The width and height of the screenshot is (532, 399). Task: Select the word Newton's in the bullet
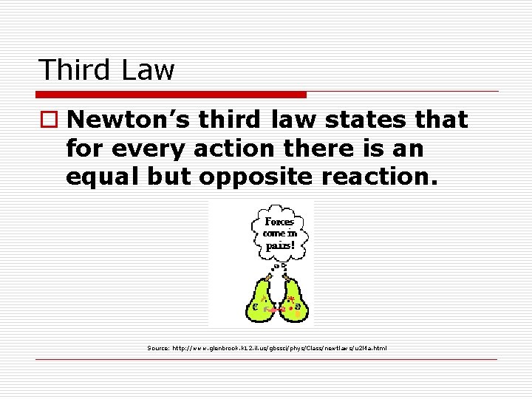coord(133,119)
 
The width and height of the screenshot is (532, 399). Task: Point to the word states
coord(368,119)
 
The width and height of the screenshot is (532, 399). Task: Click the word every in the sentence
coord(140,149)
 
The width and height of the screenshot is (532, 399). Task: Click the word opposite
coord(254,178)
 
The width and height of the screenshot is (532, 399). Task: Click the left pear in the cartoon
coord(261,303)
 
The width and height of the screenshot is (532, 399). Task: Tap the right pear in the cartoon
coord(294,303)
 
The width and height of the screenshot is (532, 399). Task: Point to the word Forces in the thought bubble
coord(279,222)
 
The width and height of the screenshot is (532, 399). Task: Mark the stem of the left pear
coord(268,278)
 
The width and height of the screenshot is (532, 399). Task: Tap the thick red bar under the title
coord(171,95)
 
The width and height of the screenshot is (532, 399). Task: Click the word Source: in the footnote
coord(158,347)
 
